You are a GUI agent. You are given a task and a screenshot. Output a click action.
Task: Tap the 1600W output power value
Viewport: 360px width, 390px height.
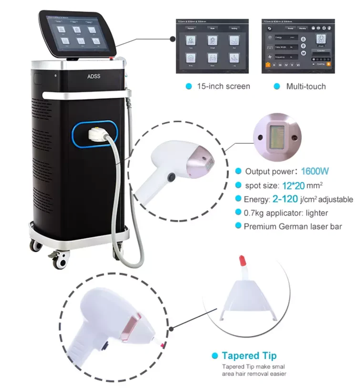[x=313, y=171]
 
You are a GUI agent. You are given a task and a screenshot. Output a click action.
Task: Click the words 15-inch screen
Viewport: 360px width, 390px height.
[x=223, y=86]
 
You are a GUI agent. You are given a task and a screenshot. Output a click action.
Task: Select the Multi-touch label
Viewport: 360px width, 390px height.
[x=306, y=86]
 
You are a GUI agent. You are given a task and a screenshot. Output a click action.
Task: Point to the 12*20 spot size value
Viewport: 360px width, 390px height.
[x=286, y=185]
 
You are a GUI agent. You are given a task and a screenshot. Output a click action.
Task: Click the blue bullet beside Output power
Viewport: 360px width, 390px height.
[x=238, y=171]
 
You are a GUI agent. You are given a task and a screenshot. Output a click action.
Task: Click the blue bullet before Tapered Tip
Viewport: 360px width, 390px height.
[x=214, y=356]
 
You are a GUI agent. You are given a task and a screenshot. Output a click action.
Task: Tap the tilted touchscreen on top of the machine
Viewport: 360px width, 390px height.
[x=77, y=34]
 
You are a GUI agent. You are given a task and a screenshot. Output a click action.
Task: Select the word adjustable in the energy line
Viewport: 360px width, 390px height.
[x=334, y=199]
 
